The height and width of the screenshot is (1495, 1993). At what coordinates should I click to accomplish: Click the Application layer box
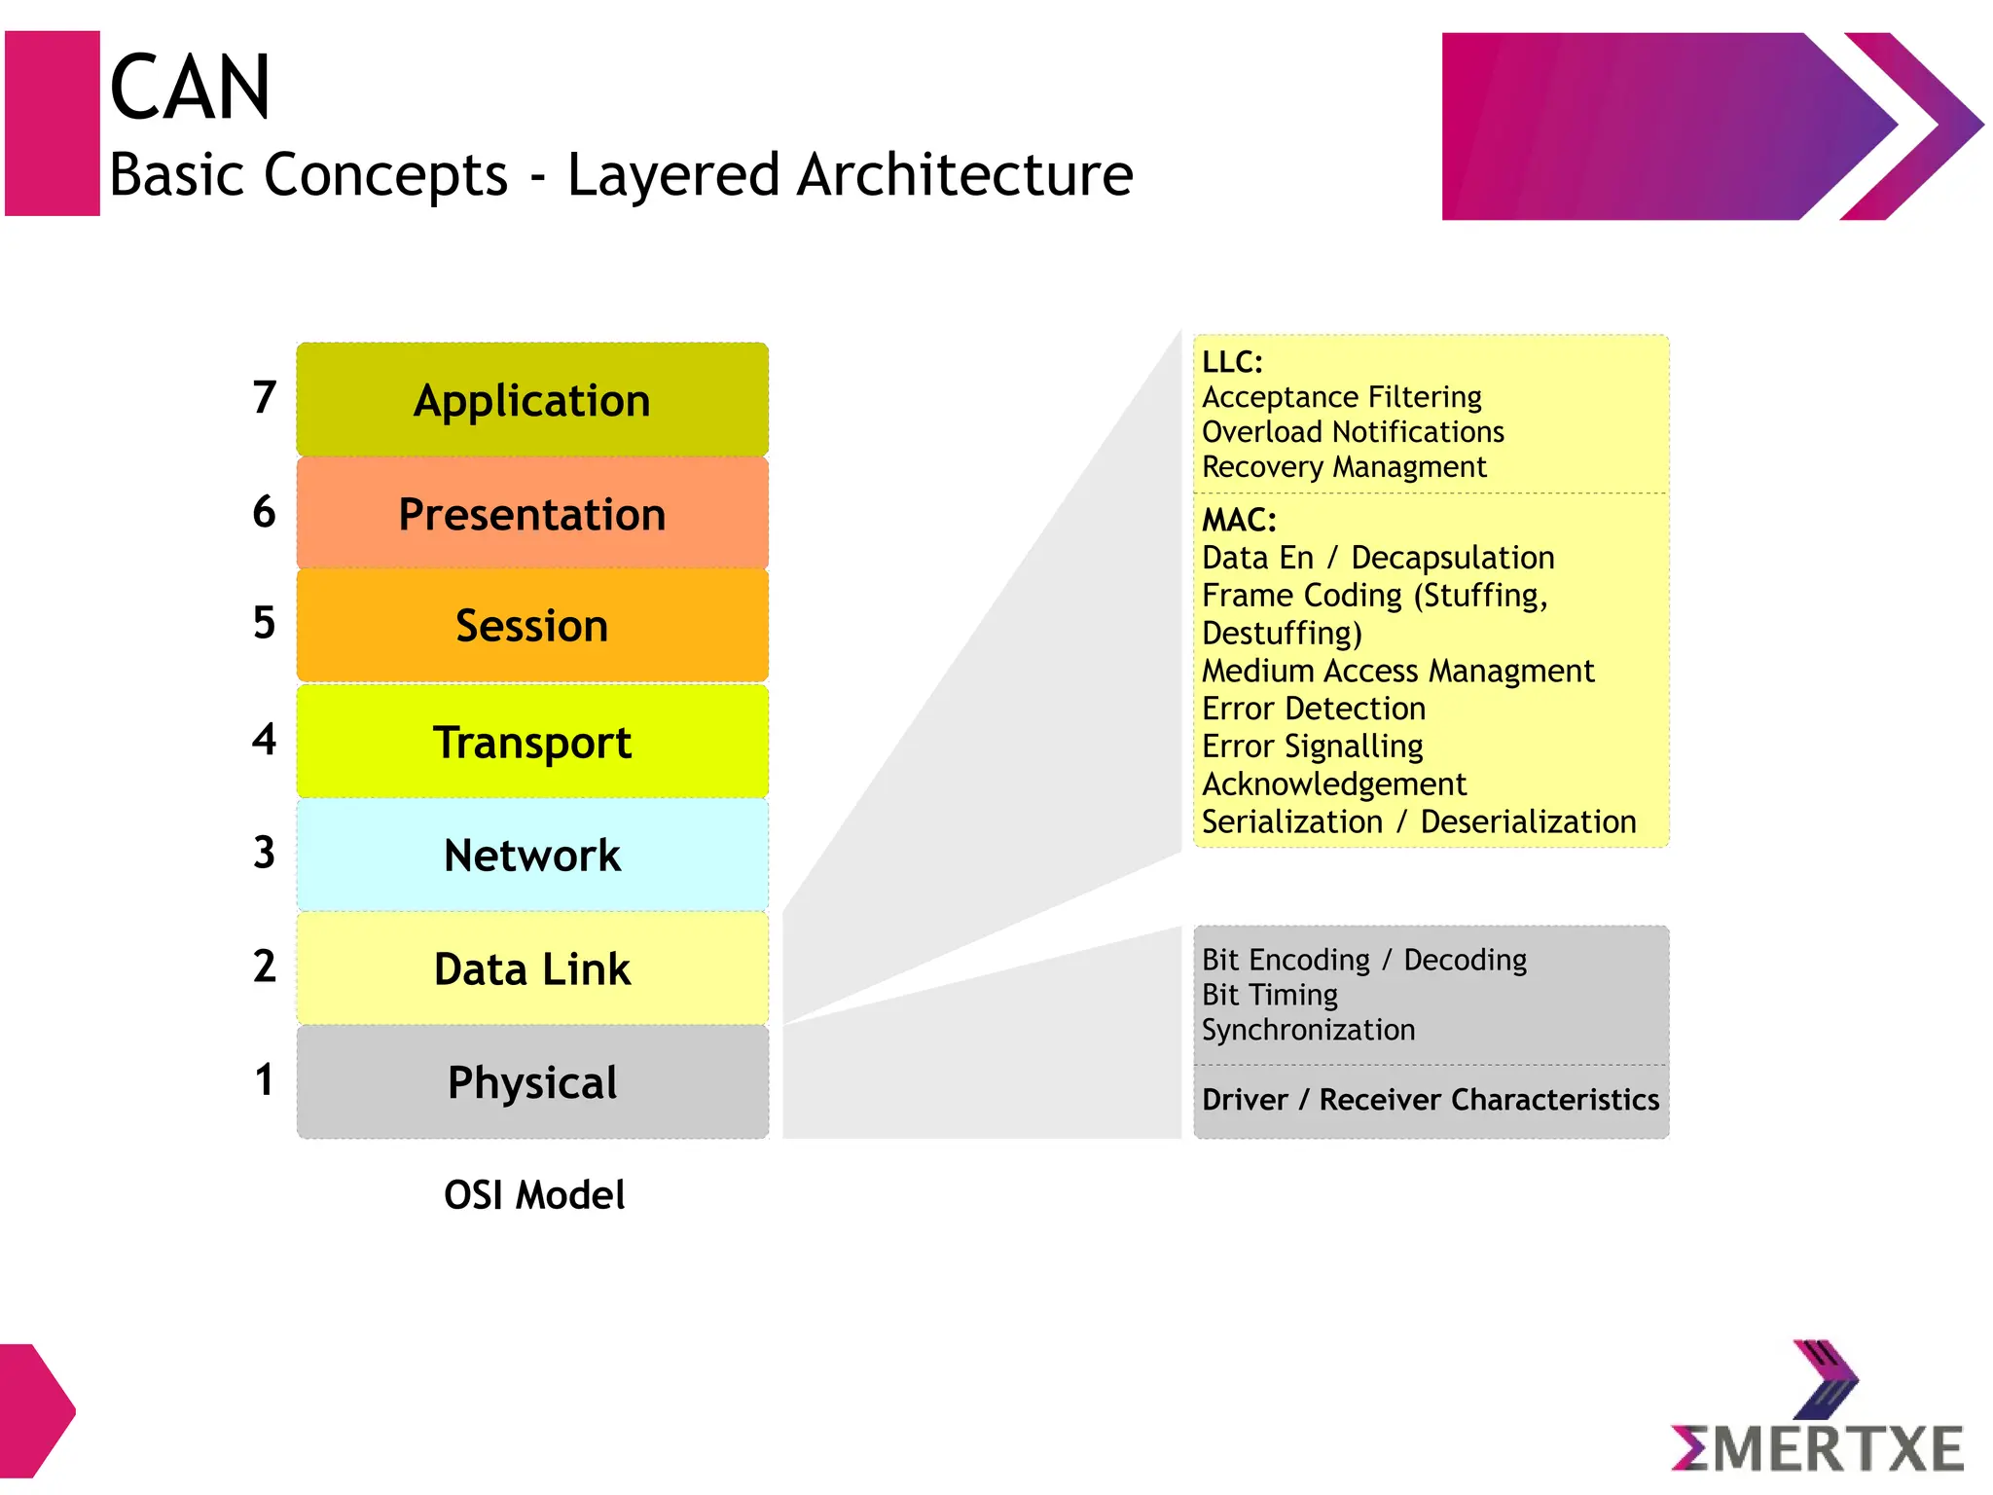click(x=532, y=400)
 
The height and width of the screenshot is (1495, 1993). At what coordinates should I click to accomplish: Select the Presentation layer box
click(x=532, y=514)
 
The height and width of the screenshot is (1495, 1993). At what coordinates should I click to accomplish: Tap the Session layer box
click(x=532, y=626)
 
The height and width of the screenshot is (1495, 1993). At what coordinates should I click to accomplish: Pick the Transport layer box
click(x=532, y=743)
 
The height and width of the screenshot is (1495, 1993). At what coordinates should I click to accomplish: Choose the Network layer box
click(x=532, y=856)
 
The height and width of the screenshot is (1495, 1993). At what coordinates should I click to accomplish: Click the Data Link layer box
click(x=532, y=969)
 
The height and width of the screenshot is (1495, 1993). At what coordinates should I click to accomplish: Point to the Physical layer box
click(x=532, y=1082)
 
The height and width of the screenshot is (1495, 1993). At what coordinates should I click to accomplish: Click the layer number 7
click(x=264, y=397)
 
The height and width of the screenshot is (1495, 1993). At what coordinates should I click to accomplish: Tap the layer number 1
click(x=264, y=1080)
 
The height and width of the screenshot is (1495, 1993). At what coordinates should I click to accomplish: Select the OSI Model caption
click(x=534, y=1195)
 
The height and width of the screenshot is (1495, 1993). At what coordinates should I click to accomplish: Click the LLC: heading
click(x=1232, y=362)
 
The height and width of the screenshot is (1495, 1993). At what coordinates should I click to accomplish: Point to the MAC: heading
click(x=1239, y=521)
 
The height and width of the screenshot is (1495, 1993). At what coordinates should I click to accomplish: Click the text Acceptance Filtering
click(x=1341, y=397)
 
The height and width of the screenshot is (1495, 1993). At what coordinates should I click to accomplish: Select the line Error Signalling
click(x=1312, y=747)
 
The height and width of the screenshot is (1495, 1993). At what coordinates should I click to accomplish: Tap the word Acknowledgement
click(x=1333, y=784)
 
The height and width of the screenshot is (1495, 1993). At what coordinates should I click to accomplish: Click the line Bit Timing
click(x=1269, y=995)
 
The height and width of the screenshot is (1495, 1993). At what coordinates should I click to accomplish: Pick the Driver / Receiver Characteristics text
click(x=1430, y=1100)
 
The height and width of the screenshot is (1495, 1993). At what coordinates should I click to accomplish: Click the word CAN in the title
click(x=190, y=88)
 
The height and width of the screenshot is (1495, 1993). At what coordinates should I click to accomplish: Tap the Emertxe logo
click(x=1817, y=1411)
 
